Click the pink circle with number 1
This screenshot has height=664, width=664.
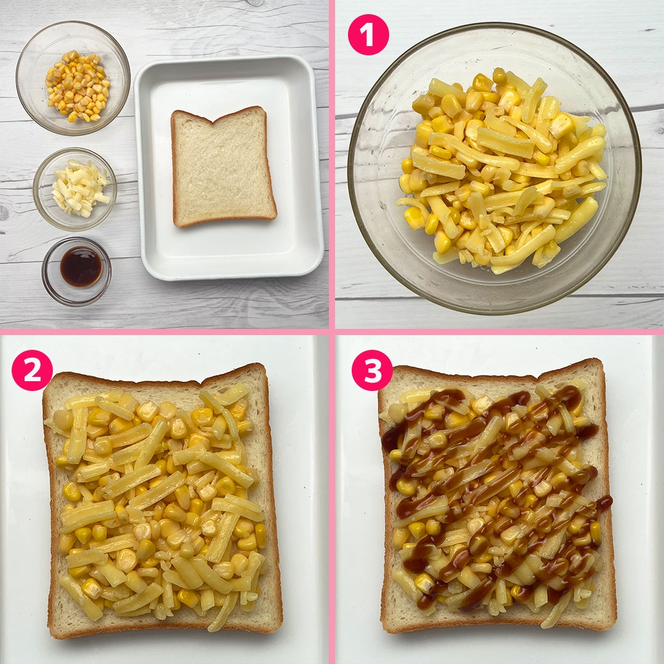click(368, 34)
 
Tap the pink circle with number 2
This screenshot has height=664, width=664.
click(32, 370)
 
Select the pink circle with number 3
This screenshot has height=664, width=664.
click(372, 370)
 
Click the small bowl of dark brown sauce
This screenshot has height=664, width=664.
click(77, 271)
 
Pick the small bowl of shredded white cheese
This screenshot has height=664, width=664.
click(75, 189)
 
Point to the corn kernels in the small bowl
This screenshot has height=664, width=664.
click(78, 86)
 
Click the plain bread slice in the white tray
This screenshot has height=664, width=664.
click(223, 167)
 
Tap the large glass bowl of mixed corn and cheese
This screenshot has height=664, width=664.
click(494, 168)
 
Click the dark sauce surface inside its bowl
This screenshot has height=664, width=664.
click(81, 267)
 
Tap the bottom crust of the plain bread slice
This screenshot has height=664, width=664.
click(224, 222)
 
